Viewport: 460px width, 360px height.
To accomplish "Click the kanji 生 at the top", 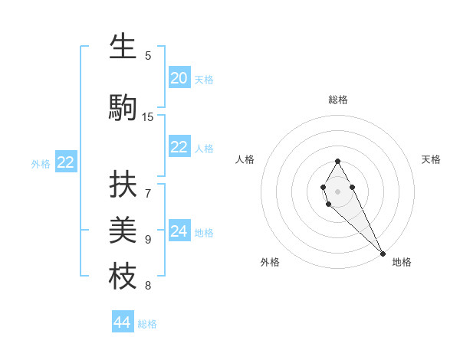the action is [123, 47].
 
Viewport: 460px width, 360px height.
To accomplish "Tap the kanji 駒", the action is [123, 107].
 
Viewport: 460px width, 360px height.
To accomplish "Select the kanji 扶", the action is [123, 184].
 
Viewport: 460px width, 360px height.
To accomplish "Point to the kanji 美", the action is [123, 230].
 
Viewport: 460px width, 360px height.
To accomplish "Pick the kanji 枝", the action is [123, 276].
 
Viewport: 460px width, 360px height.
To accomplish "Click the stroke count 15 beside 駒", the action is [148, 116].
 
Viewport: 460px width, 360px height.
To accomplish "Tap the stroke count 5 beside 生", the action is [148, 55].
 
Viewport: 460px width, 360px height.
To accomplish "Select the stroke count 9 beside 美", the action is [148, 240].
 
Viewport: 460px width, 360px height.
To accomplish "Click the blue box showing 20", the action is [179, 78].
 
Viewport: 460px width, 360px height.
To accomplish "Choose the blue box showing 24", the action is [179, 231].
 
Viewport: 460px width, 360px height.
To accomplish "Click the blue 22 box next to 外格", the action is [66, 162].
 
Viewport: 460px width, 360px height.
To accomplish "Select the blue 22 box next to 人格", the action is [179, 147].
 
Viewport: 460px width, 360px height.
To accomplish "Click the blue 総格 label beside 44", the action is [147, 324].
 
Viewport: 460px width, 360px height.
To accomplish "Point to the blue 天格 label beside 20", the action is [204, 80].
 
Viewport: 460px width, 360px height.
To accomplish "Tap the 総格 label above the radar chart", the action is [338, 100].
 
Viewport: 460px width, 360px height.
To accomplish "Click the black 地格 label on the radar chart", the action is [402, 262].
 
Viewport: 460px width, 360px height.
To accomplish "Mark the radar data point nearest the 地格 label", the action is [383, 254].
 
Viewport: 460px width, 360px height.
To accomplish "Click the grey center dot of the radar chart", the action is [337, 191].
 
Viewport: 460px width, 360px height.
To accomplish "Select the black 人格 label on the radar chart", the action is [245, 159].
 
